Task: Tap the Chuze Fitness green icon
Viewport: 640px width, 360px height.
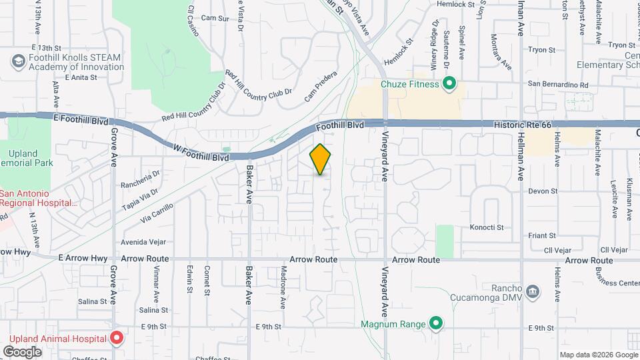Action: (x=449, y=84)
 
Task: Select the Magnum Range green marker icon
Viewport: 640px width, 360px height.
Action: (x=436, y=325)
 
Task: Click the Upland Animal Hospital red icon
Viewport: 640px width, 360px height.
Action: (x=116, y=339)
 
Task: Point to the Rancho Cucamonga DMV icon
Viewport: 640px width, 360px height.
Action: (x=533, y=291)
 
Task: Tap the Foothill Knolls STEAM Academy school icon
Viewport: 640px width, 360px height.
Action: (x=18, y=62)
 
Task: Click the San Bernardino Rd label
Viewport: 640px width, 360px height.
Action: (x=558, y=85)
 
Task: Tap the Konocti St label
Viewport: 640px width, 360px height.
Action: (x=487, y=227)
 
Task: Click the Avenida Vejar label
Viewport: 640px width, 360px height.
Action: (x=143, y=242)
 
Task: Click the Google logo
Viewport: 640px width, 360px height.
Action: (x=22, y=351)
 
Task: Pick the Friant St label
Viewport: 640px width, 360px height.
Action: (x=542, y=235)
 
